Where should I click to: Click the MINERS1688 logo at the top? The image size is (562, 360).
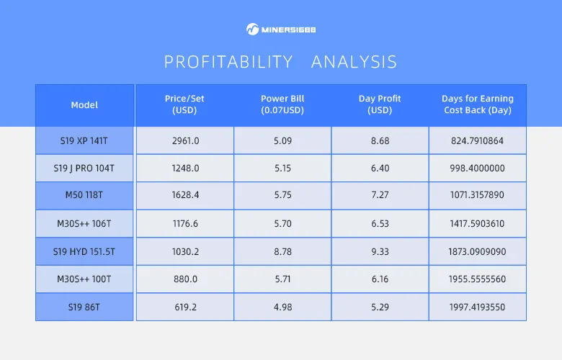281,30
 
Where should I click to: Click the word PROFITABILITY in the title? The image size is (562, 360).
228,62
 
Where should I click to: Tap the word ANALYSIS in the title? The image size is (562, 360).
354,62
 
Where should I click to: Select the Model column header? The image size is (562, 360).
84,105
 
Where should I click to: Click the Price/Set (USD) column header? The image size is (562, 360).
185,105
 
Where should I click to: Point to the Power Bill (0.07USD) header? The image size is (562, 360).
282,105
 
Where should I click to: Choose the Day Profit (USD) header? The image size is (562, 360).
380,105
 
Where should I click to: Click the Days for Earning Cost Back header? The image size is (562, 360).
477,105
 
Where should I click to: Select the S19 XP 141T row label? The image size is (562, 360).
84,140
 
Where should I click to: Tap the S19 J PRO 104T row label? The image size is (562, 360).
84,168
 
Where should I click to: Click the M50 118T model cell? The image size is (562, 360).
84,196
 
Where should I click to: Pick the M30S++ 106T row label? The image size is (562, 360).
84,224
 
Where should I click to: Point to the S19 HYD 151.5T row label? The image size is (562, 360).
84,251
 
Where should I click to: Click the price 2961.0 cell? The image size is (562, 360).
185,140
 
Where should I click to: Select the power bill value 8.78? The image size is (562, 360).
282,251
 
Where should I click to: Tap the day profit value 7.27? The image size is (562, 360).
380,196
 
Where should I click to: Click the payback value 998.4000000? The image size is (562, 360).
477,168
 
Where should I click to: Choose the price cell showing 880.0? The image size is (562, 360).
185,279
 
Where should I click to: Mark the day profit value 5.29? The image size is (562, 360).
380,307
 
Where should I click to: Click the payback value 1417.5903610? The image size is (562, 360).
477,224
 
